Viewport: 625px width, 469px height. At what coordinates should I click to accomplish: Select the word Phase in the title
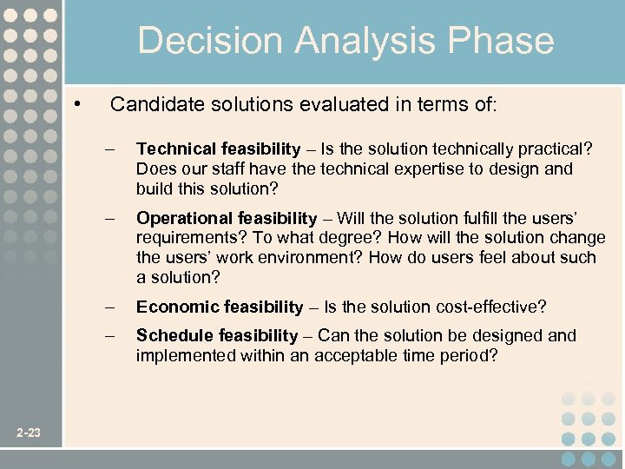click(x=508, y=41)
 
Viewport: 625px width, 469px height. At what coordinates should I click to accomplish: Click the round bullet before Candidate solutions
click(x=78, y=104)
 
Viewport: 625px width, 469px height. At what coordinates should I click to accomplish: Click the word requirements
click(x=181, y=238)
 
